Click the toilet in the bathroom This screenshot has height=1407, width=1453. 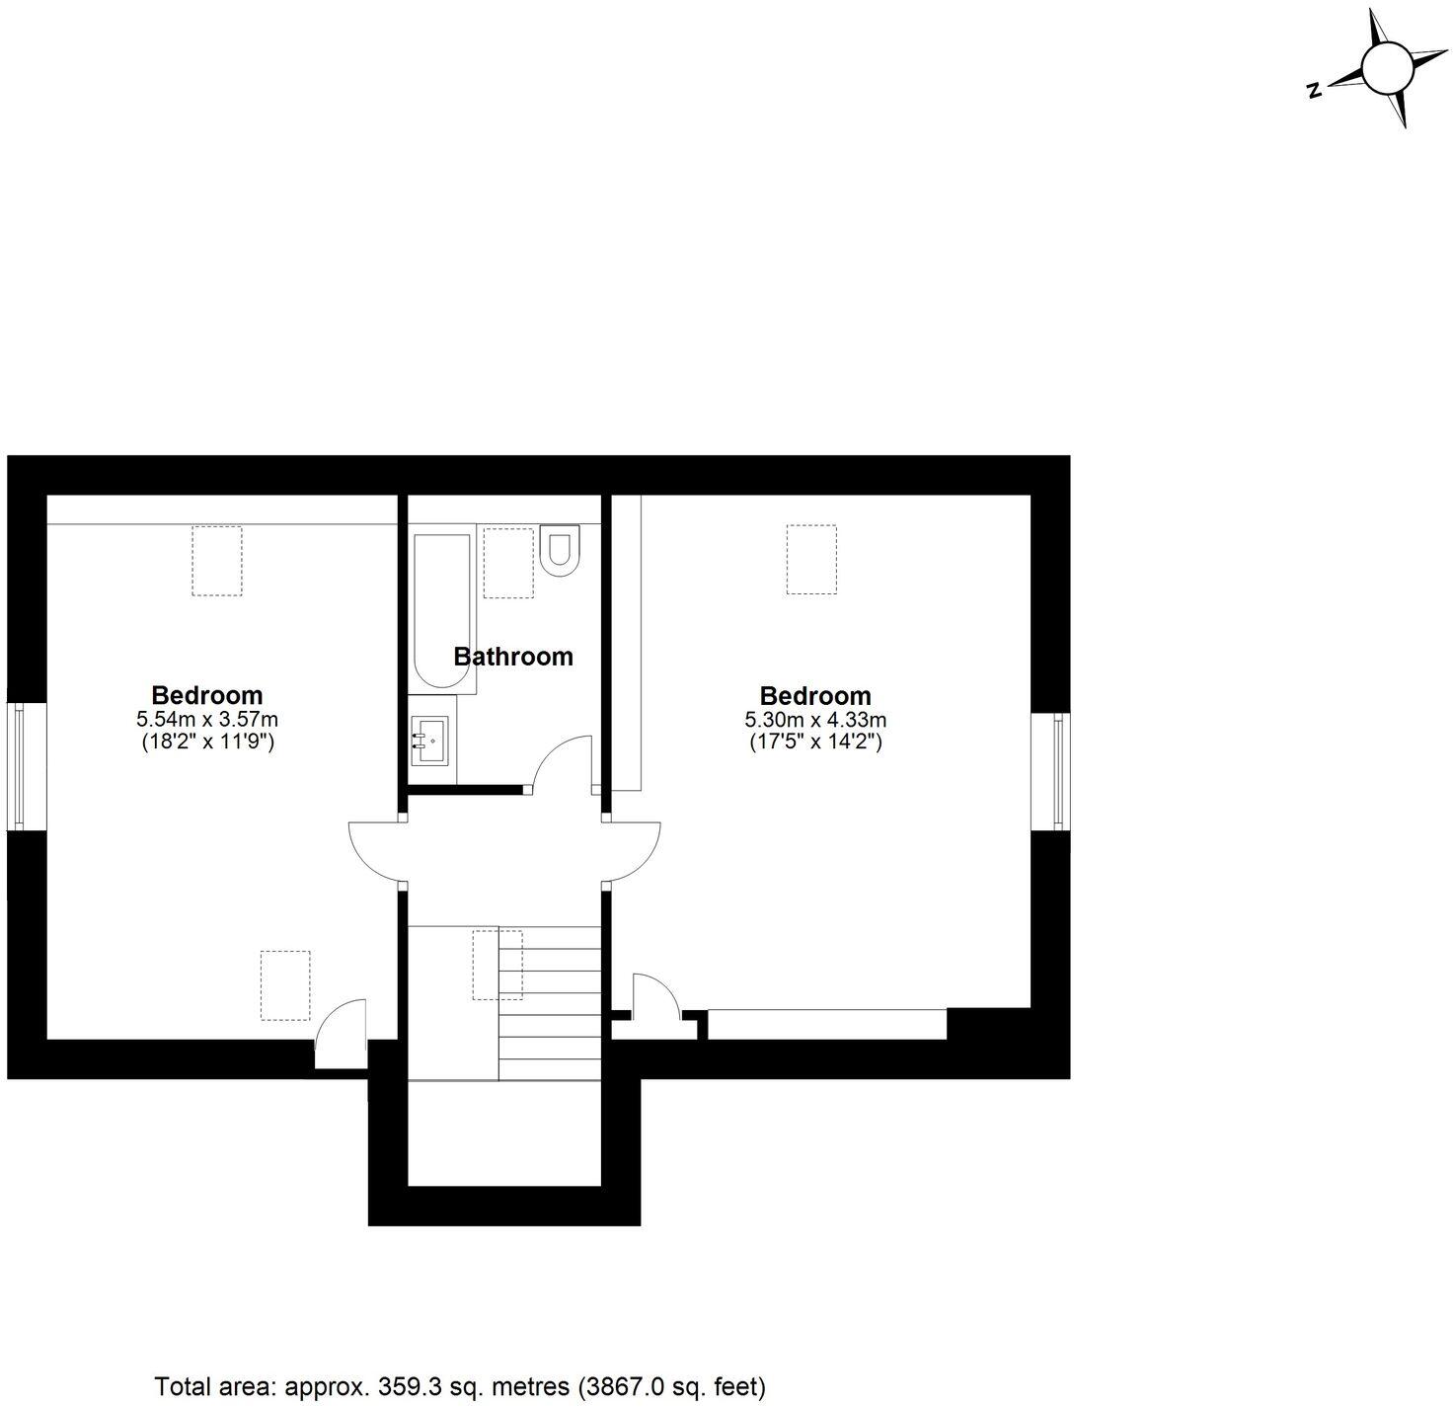pos(561,550)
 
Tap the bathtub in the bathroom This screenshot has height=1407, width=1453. pos(443,612)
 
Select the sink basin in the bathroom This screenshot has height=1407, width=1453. pos(428,740)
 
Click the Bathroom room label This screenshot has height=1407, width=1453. pos(513,657)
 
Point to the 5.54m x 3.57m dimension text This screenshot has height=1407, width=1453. pos(207,719)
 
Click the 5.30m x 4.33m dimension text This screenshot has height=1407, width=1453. pos(815,720)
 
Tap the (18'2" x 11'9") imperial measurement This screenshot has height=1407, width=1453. pos(207,741)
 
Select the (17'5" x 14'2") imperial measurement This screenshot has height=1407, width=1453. pos(815,741)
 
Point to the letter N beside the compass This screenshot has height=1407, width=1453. pos(1314,91)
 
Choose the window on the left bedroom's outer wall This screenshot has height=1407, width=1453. pos(18,765)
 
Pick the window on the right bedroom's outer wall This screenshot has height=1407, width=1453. pos(1058,770)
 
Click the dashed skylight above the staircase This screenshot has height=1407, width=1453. pos(497,965)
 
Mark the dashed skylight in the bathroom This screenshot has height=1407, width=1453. pos(509,562)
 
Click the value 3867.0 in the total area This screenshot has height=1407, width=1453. pos(626,1386)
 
